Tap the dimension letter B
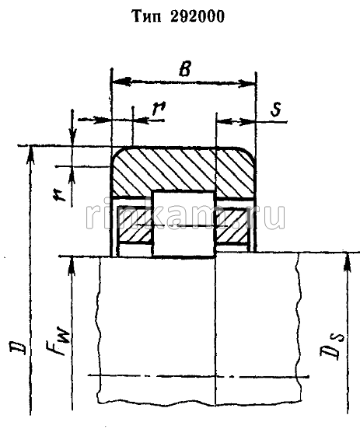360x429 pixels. [185, 68]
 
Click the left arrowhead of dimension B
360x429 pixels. [117, 81]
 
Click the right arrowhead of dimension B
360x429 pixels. [252, 81]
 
